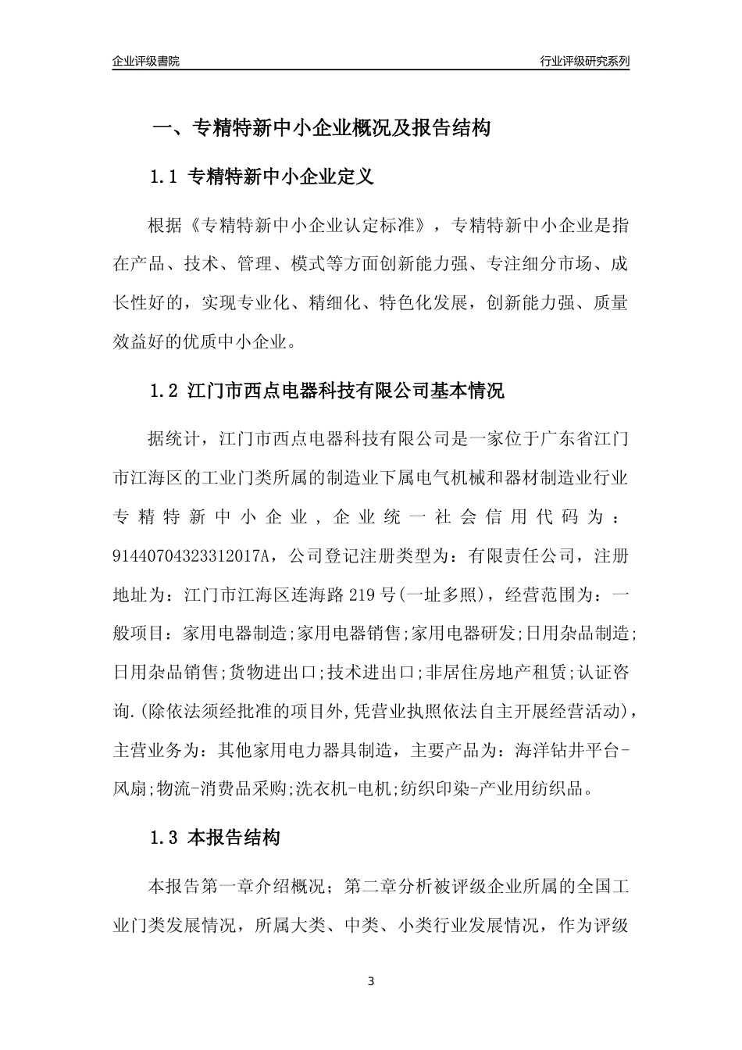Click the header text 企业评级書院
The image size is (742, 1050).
point(146,61)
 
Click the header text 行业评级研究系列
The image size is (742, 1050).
point(584,61)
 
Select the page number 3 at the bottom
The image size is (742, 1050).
point(371,981)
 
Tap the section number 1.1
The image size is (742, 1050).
point(165,177)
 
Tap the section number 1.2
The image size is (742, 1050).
point(165,391)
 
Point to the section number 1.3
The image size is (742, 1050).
point(165,838)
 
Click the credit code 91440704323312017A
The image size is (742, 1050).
point(191,555)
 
